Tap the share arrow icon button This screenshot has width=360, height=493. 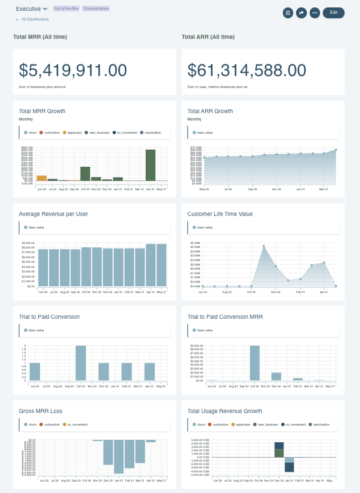coord(301,12)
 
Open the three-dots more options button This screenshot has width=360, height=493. coord(314,12)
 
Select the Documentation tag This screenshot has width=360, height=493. coord(95,9)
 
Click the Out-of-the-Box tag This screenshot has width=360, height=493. coord(66,9)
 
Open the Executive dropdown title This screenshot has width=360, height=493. coord(31,9)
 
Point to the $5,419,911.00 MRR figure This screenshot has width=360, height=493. coord(73,70)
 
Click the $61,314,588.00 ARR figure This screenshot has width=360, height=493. coord(247,70)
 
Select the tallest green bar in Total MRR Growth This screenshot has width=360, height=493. coord(150,165)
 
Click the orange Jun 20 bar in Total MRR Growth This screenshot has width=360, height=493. coord(42,178)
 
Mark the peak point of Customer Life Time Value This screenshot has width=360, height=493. coord(263,246)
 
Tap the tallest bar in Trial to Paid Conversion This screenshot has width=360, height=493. coord(81,363)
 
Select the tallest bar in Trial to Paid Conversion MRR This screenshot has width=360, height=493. coord(255,363)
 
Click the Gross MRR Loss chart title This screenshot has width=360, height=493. coord(41,411)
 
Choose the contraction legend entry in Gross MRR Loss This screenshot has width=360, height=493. coord(51,424)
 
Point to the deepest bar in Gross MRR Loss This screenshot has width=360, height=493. coord(119,457)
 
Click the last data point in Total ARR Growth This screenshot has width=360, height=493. coord(336,150)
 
